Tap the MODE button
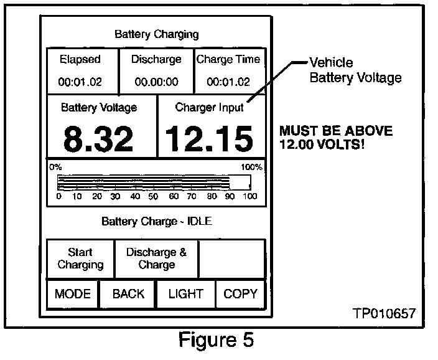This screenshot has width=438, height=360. click(x=73, y=294)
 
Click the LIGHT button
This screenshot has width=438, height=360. click(x=186, y=294)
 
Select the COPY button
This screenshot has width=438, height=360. click(x=240, y=294)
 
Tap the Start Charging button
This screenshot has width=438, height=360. click(x=81, y=258)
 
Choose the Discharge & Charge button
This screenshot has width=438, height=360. click(x=156, y=258)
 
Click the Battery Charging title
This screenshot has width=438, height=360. click(x=157, y=34)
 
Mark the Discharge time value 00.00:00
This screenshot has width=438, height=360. click(x=157, y=82)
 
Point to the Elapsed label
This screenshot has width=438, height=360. click(x=80, y=60)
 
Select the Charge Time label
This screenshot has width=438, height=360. click(x=228, y=60)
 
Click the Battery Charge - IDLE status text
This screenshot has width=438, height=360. click(x=156, y=221)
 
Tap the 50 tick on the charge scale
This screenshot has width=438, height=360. click(x=154, y=197)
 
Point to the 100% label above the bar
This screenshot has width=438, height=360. click(x=251, y=168)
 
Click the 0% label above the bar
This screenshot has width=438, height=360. click(x=56, y=168)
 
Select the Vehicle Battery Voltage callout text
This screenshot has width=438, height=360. click(x=356, y=70)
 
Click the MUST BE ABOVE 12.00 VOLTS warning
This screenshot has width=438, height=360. click(x=336, y=138)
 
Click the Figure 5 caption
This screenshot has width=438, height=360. click(x=216, y=341)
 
